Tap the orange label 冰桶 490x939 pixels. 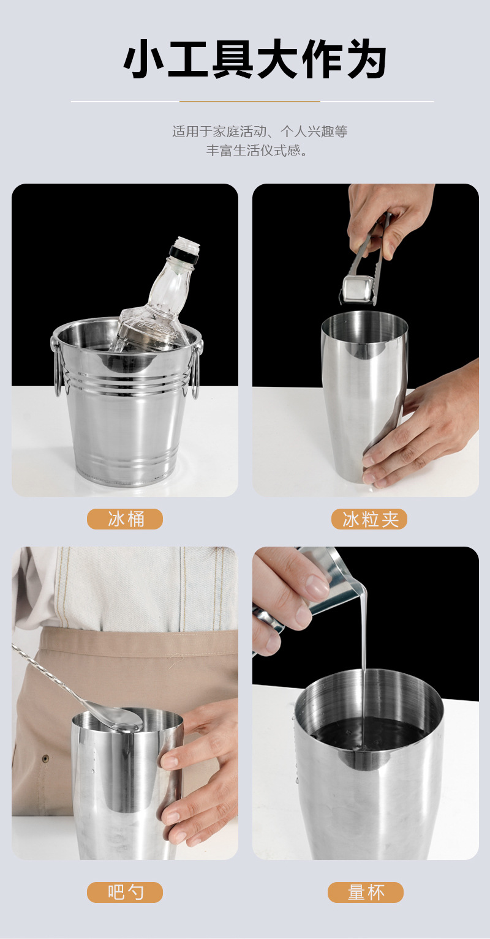tap(125, 519)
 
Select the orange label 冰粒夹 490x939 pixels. tap(369, 519)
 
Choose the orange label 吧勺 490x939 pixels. tap(125, 892)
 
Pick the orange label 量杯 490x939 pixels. tap(366, 892)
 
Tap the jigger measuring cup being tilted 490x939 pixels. tap(334, 578)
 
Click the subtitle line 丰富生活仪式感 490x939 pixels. tap(257, 151)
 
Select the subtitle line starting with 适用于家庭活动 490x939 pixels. tap(260, 132)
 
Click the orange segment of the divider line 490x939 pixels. tap(250, 102)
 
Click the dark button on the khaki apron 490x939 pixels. tap(45, 758)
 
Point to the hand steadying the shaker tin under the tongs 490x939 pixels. tap(423, 428)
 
